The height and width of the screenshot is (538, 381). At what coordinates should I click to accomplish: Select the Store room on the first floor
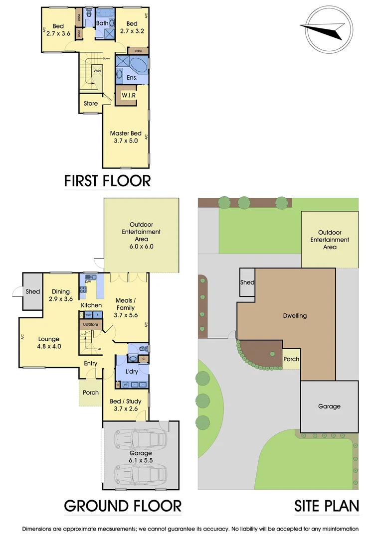point(91,104)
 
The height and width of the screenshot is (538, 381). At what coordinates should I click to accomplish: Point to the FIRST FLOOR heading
point(107,181)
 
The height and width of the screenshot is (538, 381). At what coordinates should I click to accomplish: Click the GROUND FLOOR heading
point(123,506)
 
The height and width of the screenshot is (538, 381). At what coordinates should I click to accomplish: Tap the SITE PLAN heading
point(327,506)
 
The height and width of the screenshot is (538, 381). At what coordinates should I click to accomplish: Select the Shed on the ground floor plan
point(33,291)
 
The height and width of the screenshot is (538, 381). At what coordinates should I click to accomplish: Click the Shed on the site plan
point(248,282)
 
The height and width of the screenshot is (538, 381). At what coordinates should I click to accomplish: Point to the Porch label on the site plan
point(291,359)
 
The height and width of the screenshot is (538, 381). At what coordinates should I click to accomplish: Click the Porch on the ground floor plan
point(91,393)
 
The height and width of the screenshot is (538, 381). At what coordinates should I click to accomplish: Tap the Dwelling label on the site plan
point(294,315)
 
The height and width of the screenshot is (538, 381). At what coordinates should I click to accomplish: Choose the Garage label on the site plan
point(329,406)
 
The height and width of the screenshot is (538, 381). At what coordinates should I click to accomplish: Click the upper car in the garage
point(140,439)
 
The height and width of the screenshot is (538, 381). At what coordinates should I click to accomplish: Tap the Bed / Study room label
point(125,405)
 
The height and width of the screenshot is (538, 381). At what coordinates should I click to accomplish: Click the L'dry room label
point(132,372)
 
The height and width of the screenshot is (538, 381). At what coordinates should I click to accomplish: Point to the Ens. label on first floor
point(132,77)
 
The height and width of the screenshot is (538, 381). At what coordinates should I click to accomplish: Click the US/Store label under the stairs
point(91,324)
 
